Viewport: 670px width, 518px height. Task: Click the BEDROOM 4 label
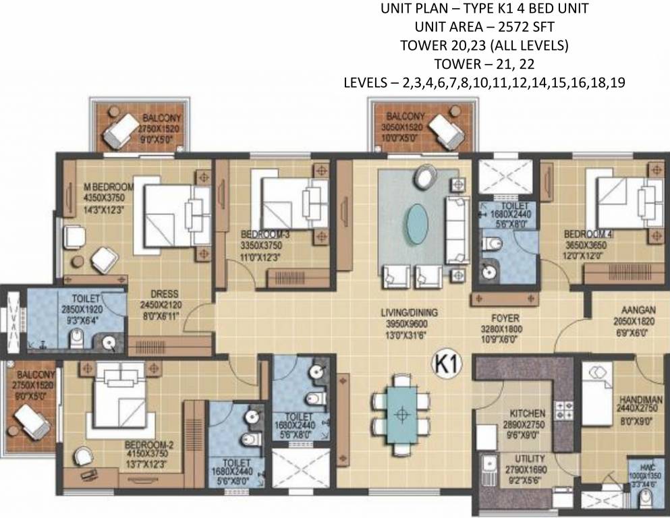click(588, 235)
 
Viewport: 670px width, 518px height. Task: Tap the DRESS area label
click(165, 294)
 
